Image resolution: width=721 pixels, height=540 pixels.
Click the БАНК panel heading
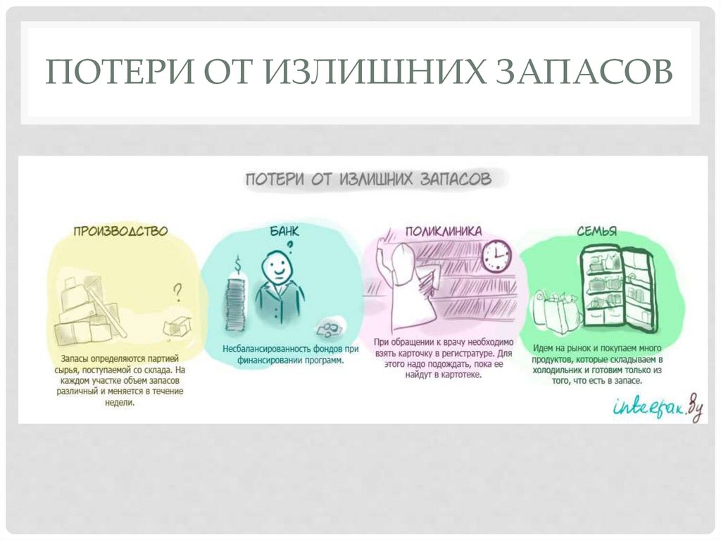(284, 230)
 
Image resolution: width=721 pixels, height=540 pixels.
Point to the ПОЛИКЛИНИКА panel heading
(443, 230)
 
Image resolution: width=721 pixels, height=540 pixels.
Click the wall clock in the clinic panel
(496, 256)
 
